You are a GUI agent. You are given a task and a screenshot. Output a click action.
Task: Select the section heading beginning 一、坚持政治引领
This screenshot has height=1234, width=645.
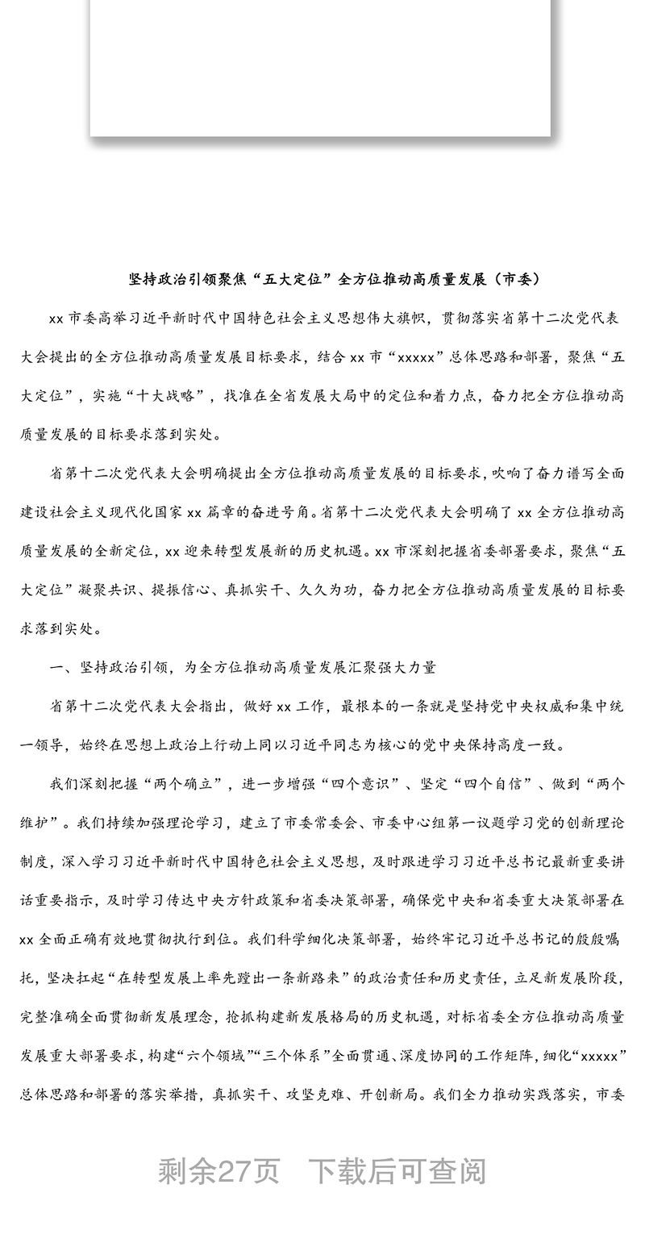[x=243, y=667]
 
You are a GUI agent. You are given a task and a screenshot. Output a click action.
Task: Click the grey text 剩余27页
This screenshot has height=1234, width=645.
[x=218, y=1171]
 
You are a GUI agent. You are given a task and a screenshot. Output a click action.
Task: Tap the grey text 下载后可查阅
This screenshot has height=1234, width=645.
[x=399, y=1171]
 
